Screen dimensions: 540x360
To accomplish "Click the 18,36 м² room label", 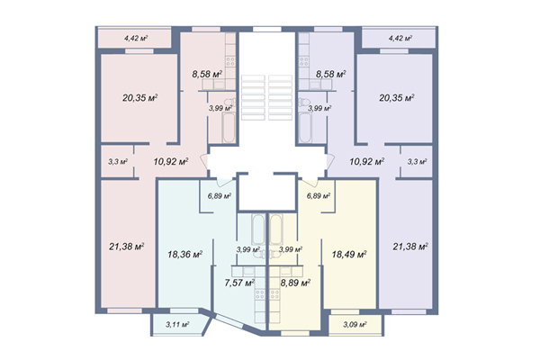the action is pos(184,255).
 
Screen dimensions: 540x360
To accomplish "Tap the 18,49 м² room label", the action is pos(349,255).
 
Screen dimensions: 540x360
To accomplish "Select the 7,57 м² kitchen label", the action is pos(239,283).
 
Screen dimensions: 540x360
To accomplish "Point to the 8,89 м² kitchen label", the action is pos(295,283).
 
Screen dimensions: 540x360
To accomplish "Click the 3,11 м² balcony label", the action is pos(177,324).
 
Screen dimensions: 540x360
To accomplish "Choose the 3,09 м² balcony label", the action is pos(355,324).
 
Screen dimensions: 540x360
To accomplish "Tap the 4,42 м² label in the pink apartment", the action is pos(136,38).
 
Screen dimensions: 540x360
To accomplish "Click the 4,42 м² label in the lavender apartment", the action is pos(400,38).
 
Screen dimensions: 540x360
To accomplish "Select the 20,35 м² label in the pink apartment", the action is pos(140,98).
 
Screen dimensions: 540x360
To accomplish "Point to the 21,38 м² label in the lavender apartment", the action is pos(410,247).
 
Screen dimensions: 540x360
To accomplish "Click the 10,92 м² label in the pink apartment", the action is pos(171,161).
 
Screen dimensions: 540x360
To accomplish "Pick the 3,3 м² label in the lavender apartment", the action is pos(418,161).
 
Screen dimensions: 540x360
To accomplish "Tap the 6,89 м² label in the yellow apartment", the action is pos(319,196).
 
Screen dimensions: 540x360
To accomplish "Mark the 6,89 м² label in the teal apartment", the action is pos(220,196).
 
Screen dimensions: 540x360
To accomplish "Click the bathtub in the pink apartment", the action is pos(229,128).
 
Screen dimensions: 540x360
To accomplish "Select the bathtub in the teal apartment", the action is pos(258,229).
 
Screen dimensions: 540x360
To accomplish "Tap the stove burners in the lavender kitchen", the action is pos(304,62).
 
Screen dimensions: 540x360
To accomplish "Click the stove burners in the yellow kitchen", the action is pos(274,294).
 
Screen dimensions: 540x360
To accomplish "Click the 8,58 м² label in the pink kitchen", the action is pos(207,74).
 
